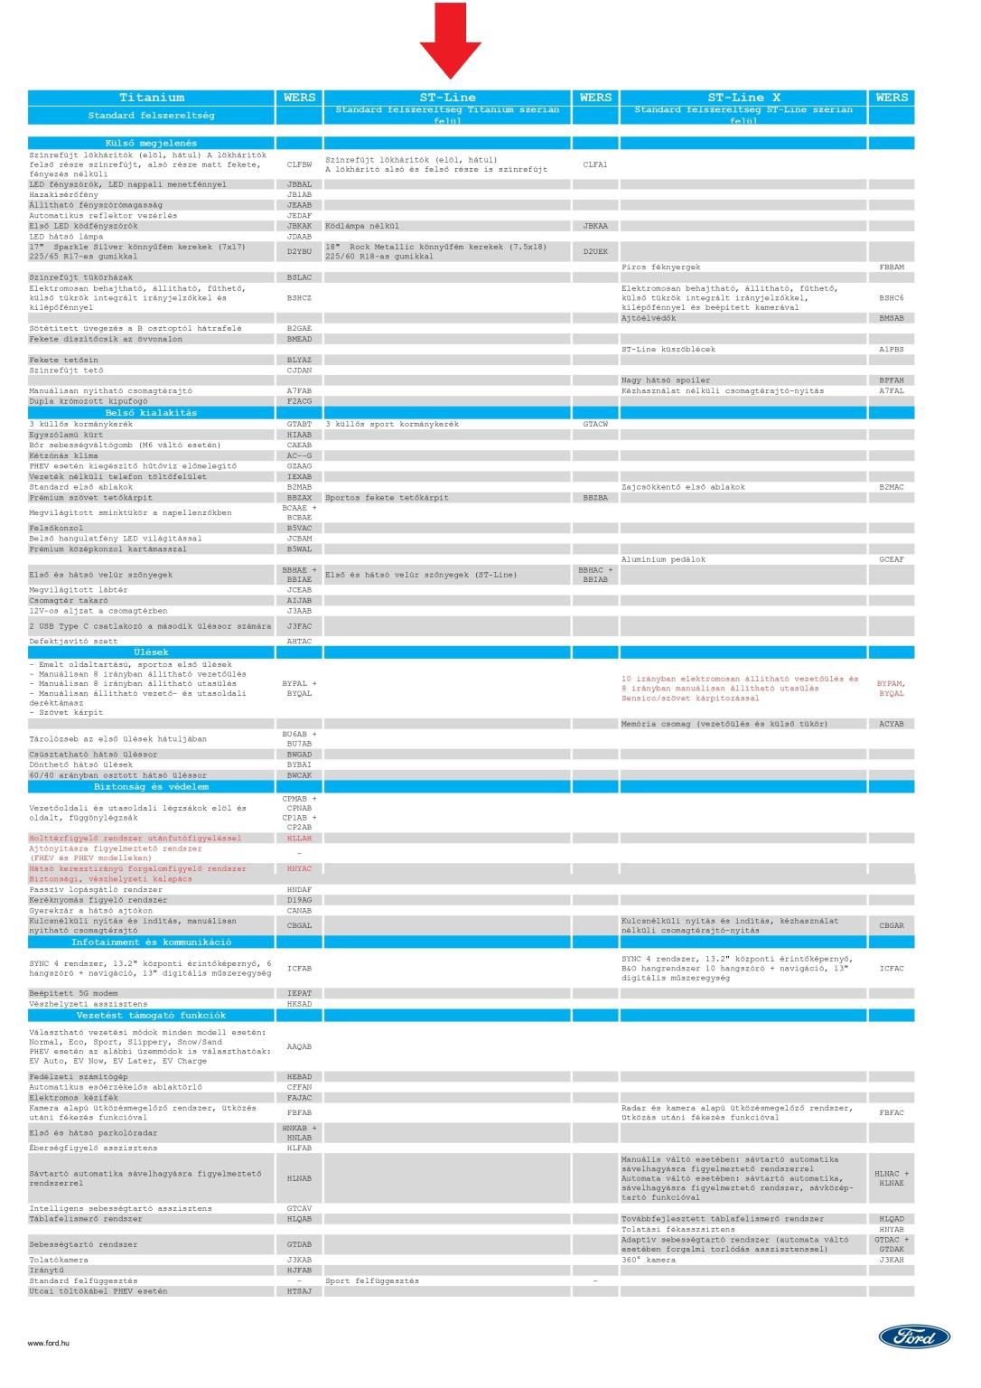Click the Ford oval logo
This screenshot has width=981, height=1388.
point(914,1336)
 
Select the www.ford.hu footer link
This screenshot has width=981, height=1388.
point(49,1343)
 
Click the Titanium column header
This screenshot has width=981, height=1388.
point(151,98)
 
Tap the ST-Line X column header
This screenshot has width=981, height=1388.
point(743,98)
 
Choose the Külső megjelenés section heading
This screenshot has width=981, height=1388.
point(151,143)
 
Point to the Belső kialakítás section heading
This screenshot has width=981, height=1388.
point(151,413)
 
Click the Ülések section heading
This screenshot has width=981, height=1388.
point(151,652)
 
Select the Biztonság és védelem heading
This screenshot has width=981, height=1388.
point(151,786)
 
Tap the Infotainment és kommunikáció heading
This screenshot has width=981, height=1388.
point(151,942)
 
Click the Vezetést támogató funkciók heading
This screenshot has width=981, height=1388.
point(151,1015)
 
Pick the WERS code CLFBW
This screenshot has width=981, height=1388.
point(299,164)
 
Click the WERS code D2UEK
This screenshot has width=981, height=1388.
point(595,251)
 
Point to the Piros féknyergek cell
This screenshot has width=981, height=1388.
point(661,267)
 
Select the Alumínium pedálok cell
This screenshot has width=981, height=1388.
point(664,559)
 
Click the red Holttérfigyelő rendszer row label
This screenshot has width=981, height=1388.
point(135,838)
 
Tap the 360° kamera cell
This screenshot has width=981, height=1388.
point(649,1260)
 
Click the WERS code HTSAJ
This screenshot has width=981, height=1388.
point(299,1291)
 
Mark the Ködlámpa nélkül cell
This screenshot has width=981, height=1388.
point(362,226)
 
